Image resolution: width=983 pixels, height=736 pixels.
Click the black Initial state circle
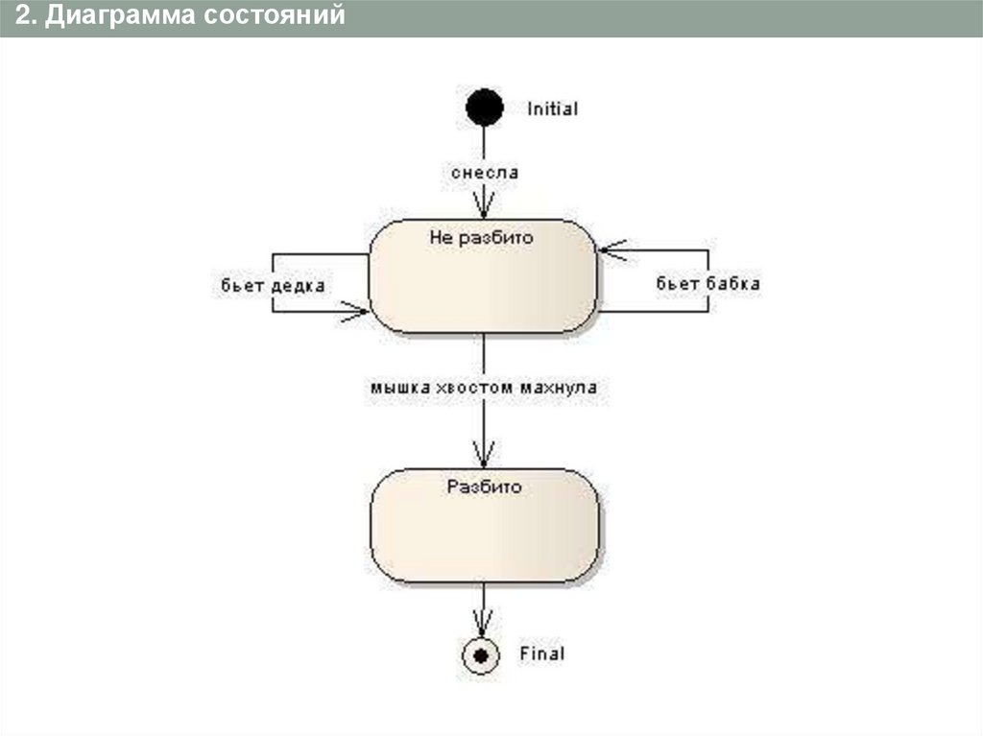point(484,107)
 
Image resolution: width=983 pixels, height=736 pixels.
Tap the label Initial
point(553,109)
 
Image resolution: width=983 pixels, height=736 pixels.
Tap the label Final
point(542,654)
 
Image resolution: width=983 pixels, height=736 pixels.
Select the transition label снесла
point(485,173)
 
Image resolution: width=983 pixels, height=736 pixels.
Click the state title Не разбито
point(480,237)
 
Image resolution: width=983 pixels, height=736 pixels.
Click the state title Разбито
point(484,487)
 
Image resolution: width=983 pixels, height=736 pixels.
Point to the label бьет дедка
point(273,285)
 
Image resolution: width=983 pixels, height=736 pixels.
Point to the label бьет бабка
point(708,283)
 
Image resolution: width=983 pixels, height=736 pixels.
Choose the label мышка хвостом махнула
point(484,389)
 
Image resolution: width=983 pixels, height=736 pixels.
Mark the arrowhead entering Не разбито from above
point(484,208)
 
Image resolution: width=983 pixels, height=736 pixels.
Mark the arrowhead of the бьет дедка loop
point(358,311)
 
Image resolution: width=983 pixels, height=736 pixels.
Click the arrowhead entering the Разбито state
point(484,456)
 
